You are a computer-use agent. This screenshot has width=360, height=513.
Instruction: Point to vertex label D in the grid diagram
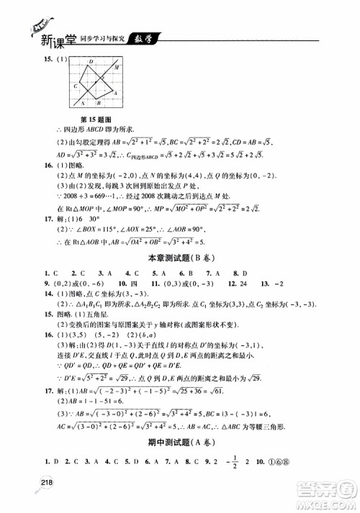pos(91,62)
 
